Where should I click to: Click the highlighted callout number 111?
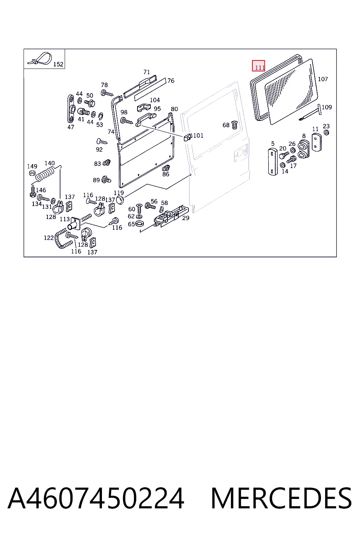(x=260, y=68)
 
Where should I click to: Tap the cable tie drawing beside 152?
(x=40, y=59)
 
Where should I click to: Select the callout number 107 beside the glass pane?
(x=323, y=79)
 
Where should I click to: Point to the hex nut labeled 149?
(x=32, y=173)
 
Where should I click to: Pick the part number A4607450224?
(x=96, y=498)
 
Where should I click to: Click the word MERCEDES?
(x=281, y=498)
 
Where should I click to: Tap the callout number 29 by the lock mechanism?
(x=186, y=218)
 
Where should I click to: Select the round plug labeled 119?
(x=120, y=200)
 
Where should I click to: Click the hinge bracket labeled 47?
(x=71, y=109)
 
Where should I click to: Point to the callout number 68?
(x=226, y=125)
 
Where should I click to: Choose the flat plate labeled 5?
(x=273, y=162)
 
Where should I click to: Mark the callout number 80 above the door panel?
(x=174, y=109)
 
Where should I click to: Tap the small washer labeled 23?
(x=327, y=132)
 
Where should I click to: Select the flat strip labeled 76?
(x=150, y=89)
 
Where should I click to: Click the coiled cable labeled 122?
(x=62, y=238)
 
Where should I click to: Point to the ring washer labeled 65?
(x=139, y=224)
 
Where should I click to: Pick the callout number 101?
(x=198, y=135)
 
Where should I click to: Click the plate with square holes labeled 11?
(x=317, y=142)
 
